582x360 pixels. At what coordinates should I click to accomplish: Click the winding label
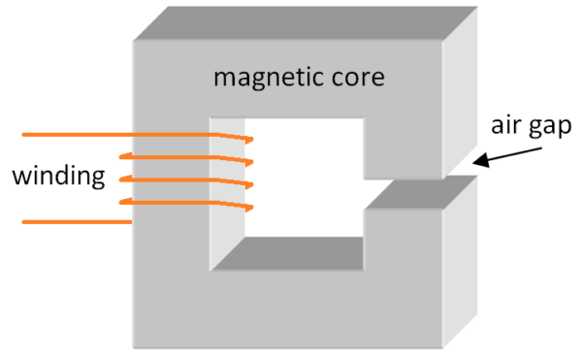(x=58, y=177)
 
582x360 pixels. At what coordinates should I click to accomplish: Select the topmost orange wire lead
(x=78, y=134)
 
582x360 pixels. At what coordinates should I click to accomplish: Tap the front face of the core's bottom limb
(x=291, y=311)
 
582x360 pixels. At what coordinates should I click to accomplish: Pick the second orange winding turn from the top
(x=184, y=156)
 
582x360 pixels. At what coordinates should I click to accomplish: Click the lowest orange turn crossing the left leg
(x=184, y=202)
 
